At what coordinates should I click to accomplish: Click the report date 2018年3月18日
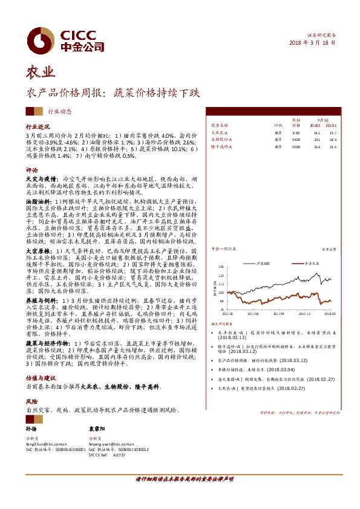click(x=312, y=43)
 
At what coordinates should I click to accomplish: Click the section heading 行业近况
click(x=38, y=127)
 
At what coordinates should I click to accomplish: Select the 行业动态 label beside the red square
click(x=59, y=111)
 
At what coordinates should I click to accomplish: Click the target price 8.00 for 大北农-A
click(x=296, y=132)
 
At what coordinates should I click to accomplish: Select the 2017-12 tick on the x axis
click(x=303, y=314)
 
